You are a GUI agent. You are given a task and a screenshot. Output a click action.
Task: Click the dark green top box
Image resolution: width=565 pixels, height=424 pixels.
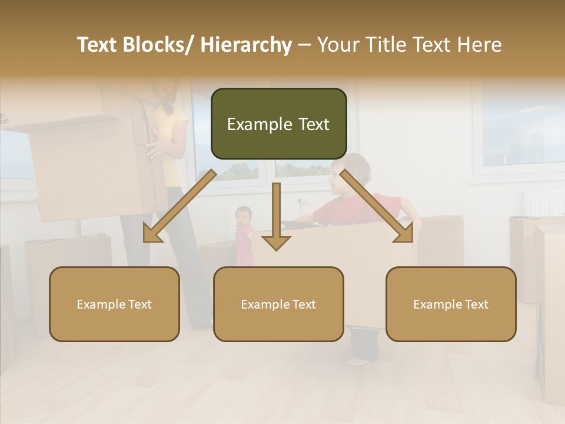point(278,124)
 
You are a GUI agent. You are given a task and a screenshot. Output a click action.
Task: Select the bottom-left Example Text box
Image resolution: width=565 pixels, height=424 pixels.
point(114,304)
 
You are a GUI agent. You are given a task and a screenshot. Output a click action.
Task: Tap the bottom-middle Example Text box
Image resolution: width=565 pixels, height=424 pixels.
point(278,304)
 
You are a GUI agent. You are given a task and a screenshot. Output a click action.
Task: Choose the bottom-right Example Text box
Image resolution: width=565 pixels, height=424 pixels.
point(451,304)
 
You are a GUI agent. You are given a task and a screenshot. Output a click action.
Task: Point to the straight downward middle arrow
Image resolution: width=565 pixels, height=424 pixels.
point(276,218)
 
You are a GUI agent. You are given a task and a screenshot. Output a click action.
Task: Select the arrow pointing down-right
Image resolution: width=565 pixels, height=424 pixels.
point(377,207)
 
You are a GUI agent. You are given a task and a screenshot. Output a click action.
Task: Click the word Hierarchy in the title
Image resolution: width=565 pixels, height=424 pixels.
point(246,45)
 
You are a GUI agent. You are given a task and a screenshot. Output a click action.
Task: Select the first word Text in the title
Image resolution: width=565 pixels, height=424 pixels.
point(97,45)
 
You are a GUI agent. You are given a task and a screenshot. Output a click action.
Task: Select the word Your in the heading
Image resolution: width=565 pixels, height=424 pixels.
point(338,45)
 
